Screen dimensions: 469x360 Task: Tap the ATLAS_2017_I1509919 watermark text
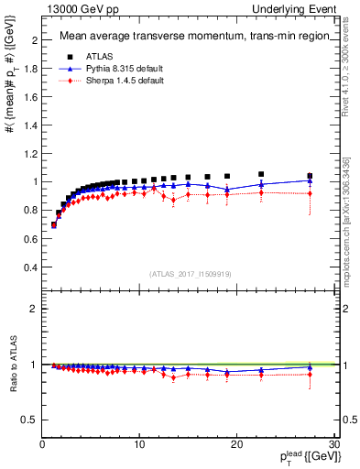(x=190, y=274)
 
